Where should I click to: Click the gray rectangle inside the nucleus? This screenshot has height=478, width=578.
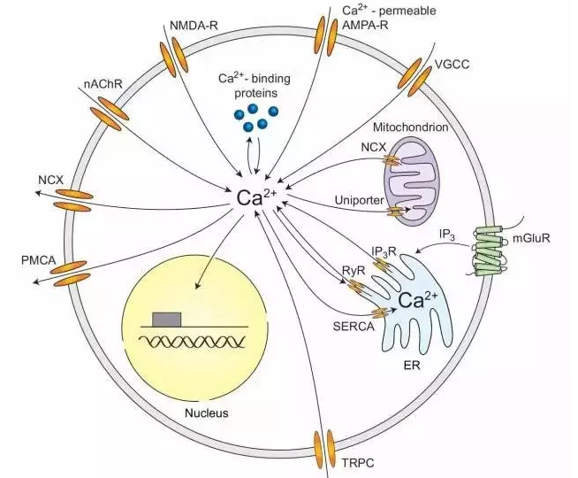click(167, 319)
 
